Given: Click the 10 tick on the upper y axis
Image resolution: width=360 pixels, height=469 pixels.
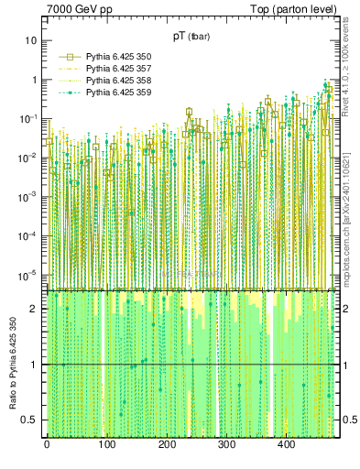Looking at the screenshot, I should coord(32,41).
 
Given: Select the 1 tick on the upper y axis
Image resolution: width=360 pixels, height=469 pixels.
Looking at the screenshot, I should coord(35,80).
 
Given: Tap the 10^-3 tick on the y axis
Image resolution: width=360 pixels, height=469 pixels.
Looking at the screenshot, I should coord(29,197).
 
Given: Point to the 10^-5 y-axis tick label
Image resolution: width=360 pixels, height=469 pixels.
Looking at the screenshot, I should coord(29,275).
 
